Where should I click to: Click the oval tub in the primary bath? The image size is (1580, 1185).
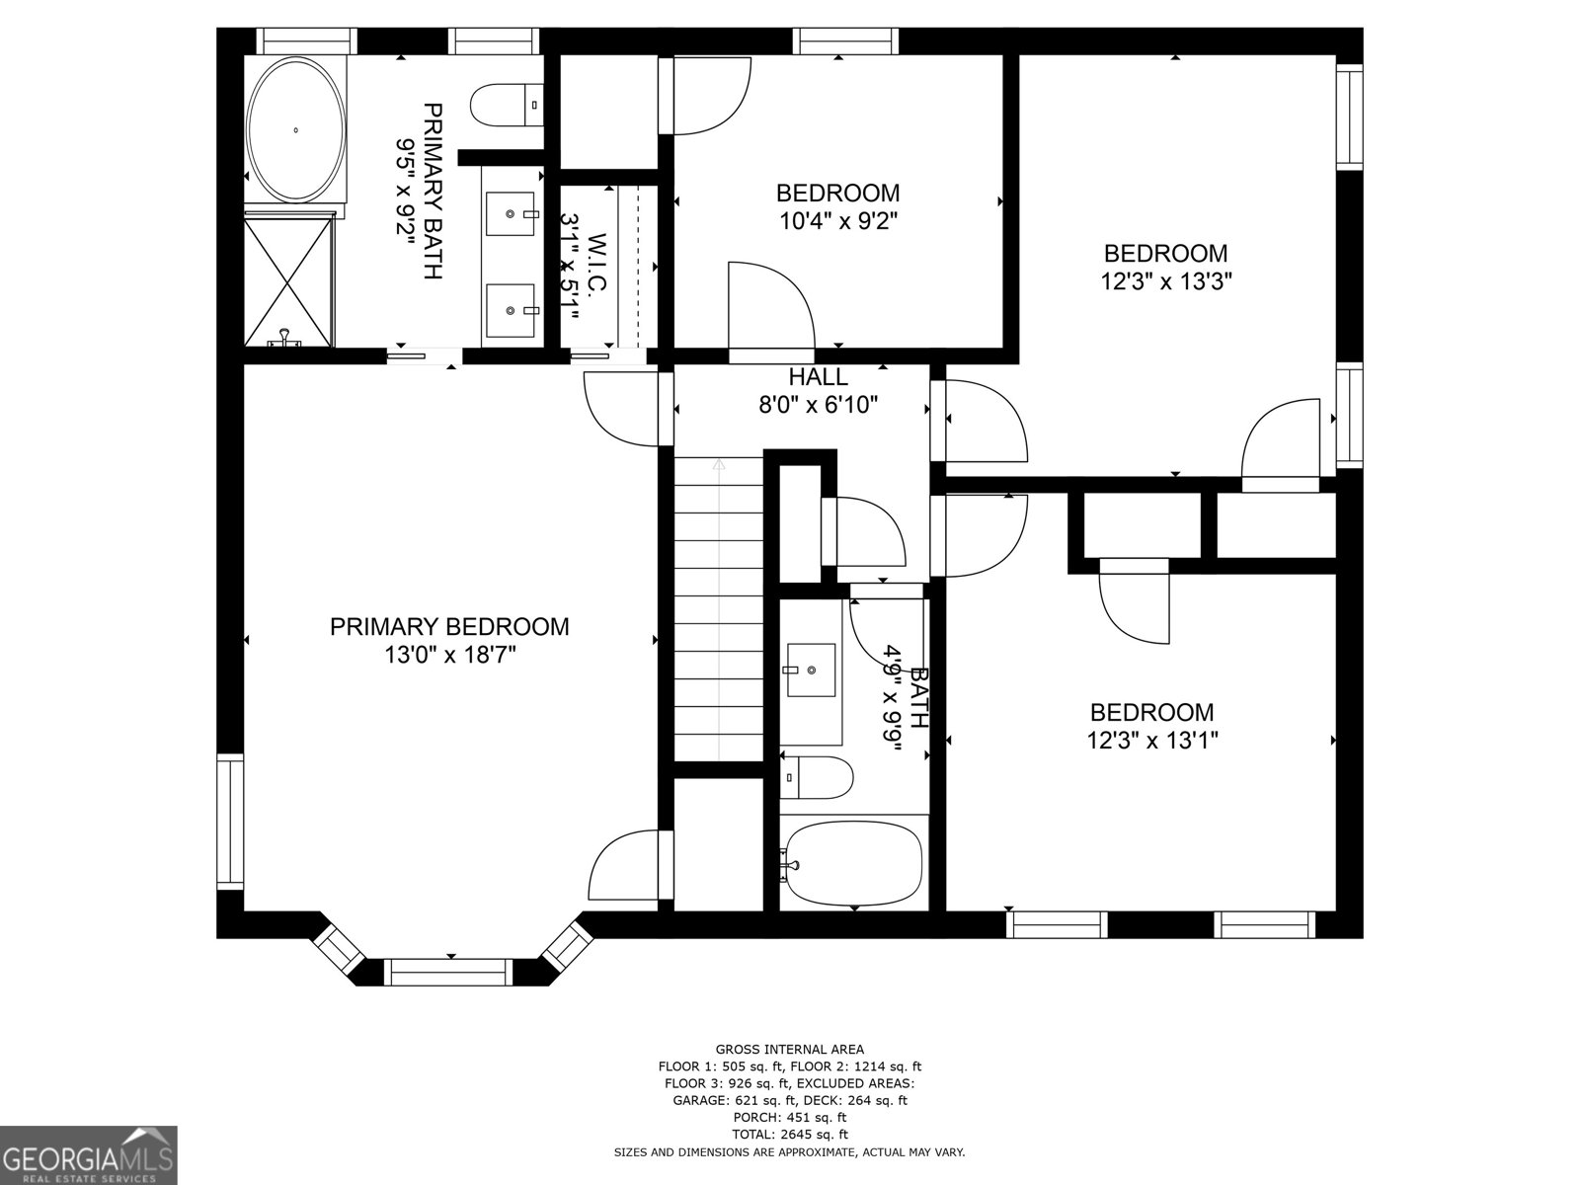tap(295, 129)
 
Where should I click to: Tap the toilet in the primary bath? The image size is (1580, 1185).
tap(507, 105)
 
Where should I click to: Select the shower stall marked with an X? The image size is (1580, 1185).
tap(288, 281)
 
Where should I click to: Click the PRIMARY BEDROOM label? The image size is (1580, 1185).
tap(449, 626)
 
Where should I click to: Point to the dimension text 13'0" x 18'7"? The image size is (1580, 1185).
tap(450, 654)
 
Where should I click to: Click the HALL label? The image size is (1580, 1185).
tap(818, 376)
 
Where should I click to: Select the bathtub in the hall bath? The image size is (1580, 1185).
tap(855, 864)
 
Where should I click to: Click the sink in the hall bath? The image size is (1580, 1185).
tap(811, 670)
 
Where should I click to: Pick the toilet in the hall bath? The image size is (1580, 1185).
tap(818, 777)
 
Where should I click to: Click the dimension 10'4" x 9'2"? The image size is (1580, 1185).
tap(837, 220)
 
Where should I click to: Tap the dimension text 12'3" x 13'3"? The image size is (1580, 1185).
tap(1166, 281)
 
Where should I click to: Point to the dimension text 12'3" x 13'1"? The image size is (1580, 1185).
tap(1152, 740)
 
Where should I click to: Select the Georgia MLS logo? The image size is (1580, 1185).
tap(89, 1154)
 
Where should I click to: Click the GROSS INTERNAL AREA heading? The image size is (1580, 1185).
tap(789, 1049)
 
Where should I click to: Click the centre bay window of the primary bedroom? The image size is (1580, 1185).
tap(449, 972)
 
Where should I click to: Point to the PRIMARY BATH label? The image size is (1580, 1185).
tap(432, 191)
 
